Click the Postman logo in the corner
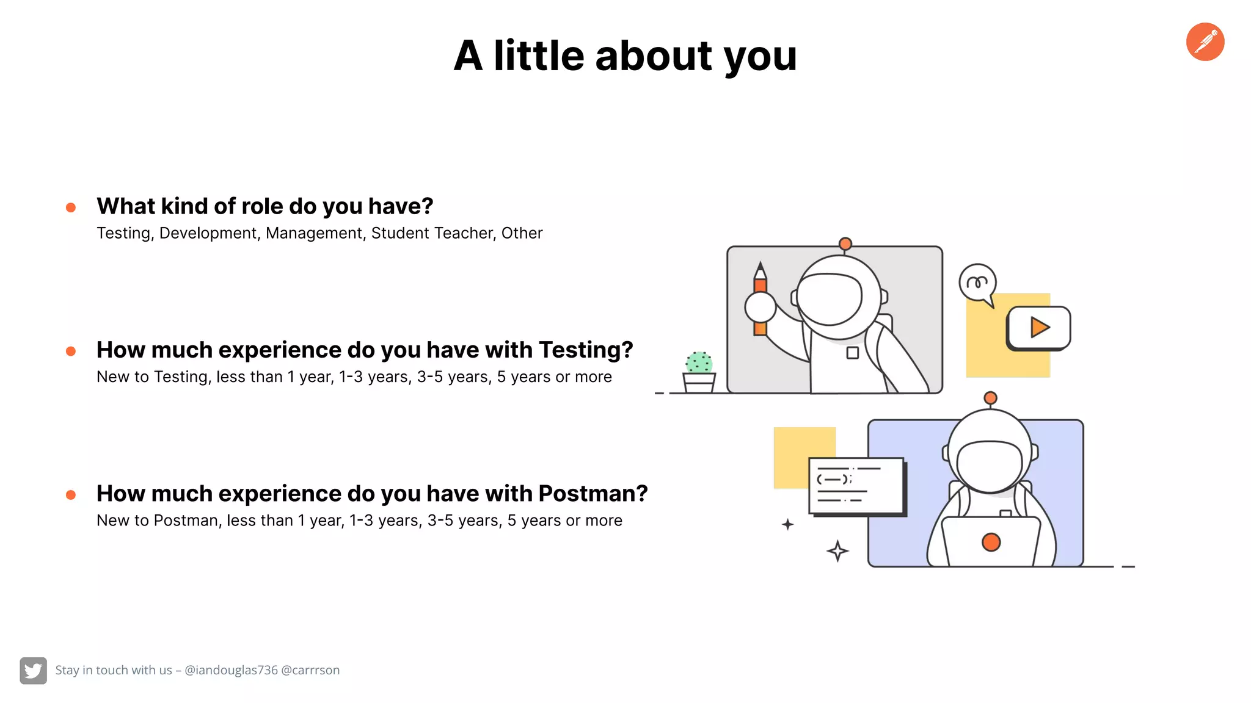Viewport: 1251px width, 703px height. point(1205,42)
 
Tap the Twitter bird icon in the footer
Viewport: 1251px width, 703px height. point(33,670)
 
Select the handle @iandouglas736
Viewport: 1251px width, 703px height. point(231,670)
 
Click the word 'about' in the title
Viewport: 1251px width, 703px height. point(654,56)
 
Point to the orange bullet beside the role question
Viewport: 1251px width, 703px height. point(71,207)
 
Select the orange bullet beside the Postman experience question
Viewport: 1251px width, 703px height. point(71,495)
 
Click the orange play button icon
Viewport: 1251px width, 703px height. point(1039,328)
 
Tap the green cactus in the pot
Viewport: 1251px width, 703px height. point(699,362)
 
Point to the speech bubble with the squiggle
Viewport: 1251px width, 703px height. point(977,283)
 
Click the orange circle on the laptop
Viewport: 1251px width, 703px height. point(991,542)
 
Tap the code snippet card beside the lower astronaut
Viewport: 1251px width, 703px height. point(856,486)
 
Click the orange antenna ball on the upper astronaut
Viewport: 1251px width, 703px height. point(845,244)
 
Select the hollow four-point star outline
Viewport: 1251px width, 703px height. point(837,551)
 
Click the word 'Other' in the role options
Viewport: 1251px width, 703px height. point(522,233)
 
